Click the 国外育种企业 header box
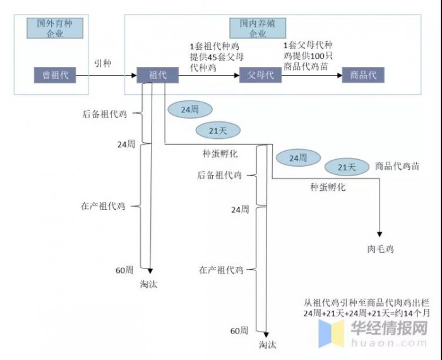55,28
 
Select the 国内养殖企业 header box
258,28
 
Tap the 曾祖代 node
55,75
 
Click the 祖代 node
158,75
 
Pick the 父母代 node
260,75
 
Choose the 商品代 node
363,75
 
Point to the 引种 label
102,63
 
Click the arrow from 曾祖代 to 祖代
106,75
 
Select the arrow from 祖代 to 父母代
209,75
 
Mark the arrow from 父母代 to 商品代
312,75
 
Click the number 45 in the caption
213,57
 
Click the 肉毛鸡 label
380,249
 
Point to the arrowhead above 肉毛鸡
379,234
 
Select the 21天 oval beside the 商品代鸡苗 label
347,167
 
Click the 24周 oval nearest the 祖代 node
190,109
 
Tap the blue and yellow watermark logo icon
331,333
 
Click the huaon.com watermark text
389,343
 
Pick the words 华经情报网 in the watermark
389,328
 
